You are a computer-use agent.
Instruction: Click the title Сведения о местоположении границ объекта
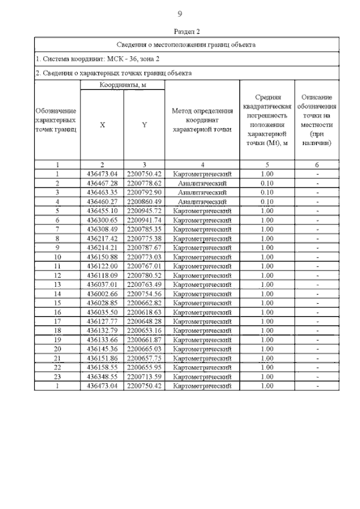point(186,44)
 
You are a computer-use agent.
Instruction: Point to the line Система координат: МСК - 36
point(99,58)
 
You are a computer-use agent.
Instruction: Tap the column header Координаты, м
point(123,84)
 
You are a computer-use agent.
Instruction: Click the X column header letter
point(102,125)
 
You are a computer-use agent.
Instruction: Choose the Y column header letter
point(144,125)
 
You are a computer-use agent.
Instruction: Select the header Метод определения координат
point(202,120)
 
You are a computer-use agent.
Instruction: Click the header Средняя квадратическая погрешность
point(267,120)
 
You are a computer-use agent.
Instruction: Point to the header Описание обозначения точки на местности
point(317,120)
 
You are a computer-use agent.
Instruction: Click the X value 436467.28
point(102,183)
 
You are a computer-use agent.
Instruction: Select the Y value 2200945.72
point(144,211)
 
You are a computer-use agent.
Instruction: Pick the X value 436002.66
point(102,294)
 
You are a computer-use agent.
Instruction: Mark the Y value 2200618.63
point(144,312)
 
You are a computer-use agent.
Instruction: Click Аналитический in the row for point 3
point(202,192)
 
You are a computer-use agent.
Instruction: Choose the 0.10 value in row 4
point(267,202)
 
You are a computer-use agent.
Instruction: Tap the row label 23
point(57,376)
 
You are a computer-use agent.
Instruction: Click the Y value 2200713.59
point(144,376)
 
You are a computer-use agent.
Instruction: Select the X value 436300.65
point(102,220)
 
